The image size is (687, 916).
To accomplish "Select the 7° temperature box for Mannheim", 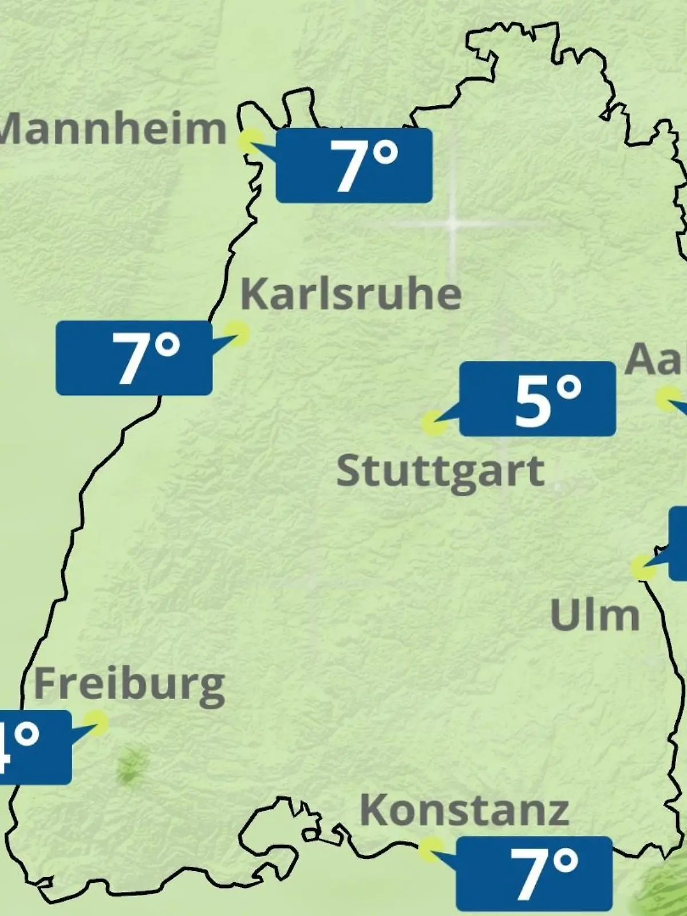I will coord(354,165).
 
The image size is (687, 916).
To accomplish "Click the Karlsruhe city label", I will coord(350,294).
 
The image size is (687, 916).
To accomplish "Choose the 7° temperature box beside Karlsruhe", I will coord(134,358).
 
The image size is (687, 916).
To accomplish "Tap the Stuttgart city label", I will coord(440,472).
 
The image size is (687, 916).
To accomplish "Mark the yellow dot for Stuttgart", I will coord(433,424).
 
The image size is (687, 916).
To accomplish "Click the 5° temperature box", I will coord(538,398).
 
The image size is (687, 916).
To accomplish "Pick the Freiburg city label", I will coord(129,685).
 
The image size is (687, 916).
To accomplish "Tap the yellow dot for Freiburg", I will coord(96,722).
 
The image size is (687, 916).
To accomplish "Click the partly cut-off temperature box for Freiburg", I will coord(34,747).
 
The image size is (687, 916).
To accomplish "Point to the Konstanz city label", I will coord(464,811).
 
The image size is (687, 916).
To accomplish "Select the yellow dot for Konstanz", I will coord(431,850).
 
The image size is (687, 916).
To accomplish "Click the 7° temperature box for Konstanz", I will coord(534,873).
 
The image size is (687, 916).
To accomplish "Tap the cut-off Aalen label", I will coord(655,360).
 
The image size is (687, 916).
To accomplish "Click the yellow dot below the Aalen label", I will coord(668,398).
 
